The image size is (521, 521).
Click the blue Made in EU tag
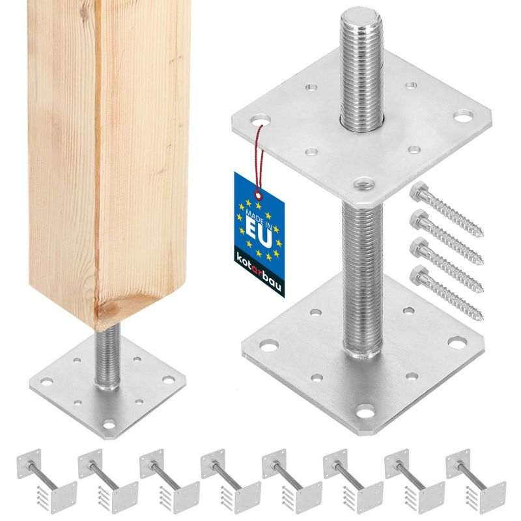(x=259, y=234)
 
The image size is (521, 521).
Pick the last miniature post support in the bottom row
(x=475, y=485)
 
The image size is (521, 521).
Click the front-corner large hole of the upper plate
(x=362, y=182)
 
